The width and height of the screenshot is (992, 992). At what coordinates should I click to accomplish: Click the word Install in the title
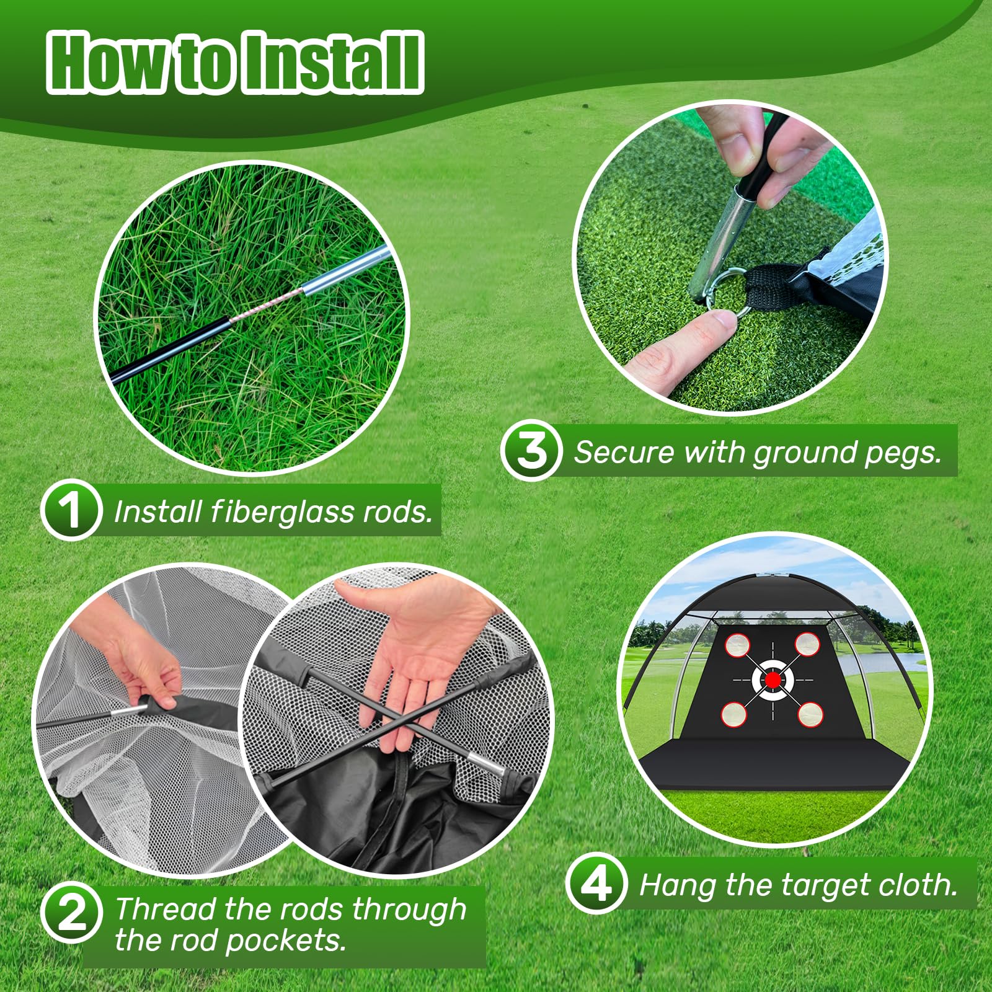tap(334, 63)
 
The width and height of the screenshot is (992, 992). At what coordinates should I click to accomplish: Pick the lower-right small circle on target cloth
tap(809, 714)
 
